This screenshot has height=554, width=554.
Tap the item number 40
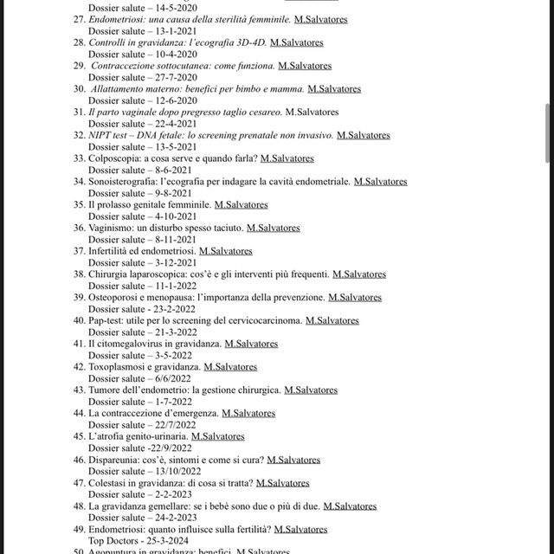(79, 321)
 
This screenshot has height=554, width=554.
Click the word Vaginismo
(113, 229)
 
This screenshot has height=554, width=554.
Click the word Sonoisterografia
(125, 182)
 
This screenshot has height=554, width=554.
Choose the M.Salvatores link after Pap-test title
(332, 321)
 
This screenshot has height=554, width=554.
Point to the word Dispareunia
(115, 461)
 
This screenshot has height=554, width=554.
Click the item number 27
(79, 18)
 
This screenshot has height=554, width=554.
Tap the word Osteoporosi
(116, 298)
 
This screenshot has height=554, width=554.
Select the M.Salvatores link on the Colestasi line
(283, 483)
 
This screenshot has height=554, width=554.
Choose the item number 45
(79, 437)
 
